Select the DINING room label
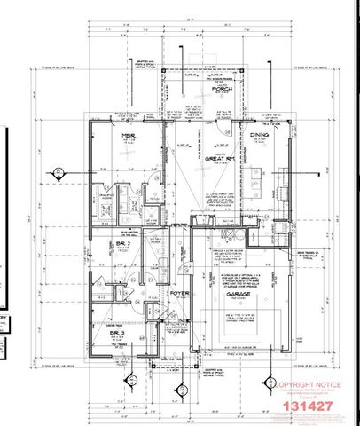pyautogui.click(x=259, y=135)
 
